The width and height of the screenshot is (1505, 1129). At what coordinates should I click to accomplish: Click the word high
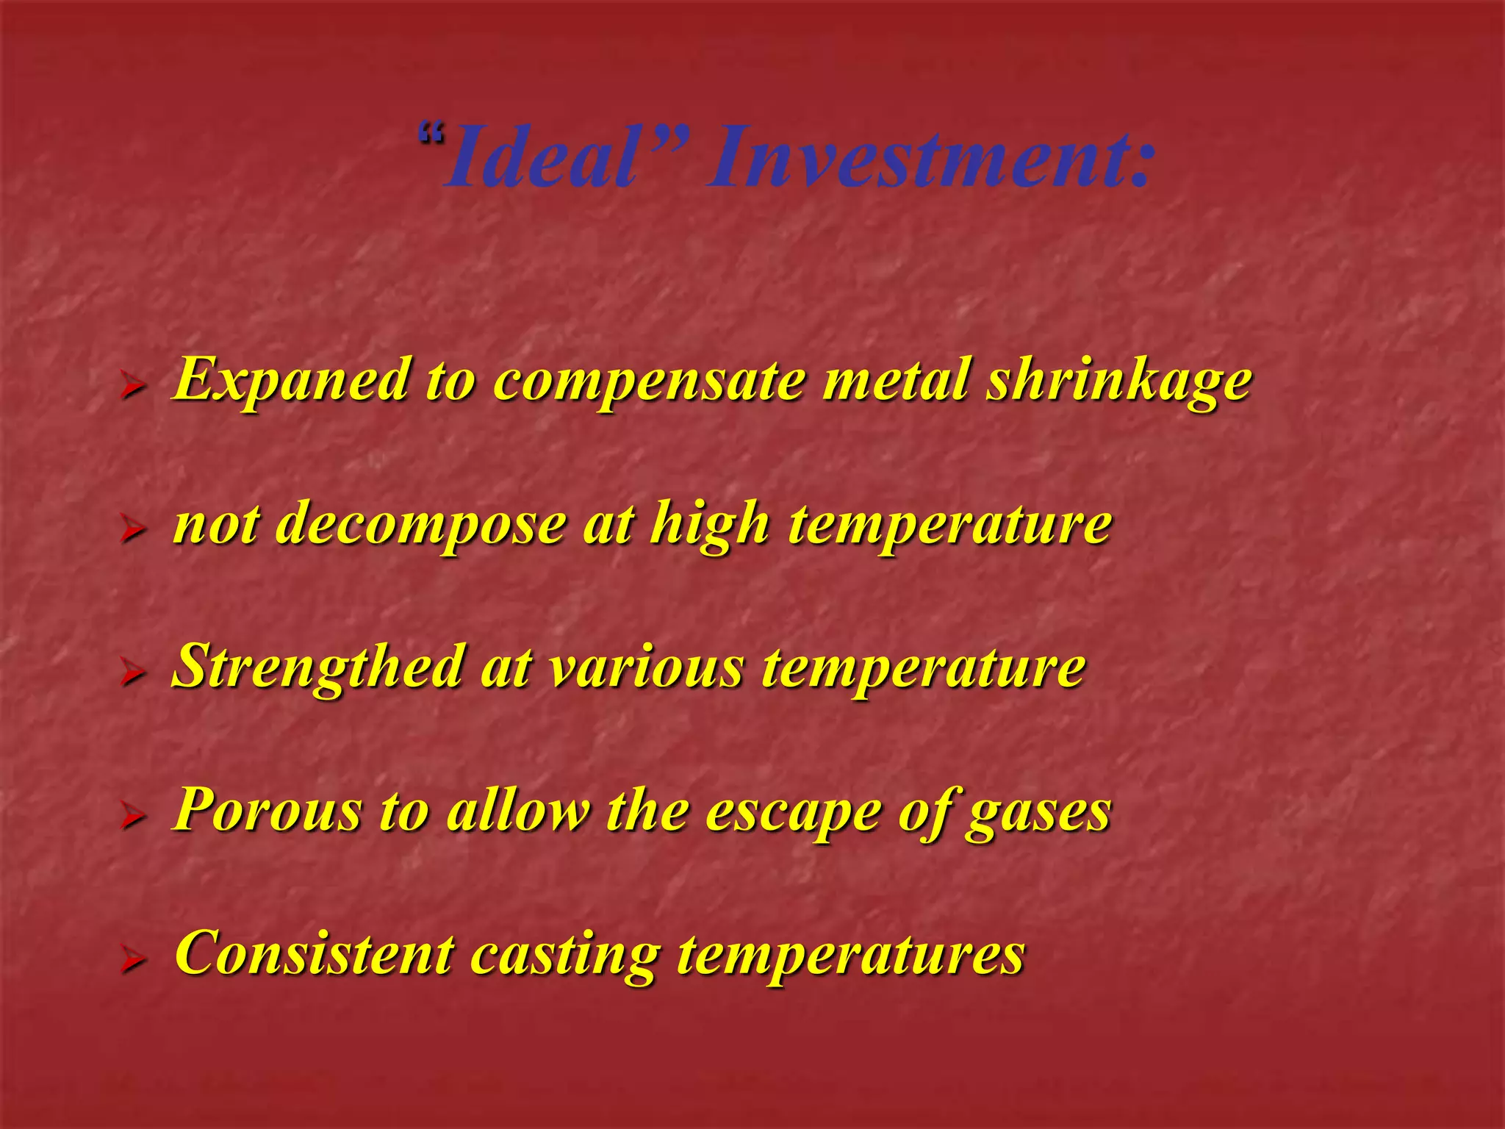coord(709,526)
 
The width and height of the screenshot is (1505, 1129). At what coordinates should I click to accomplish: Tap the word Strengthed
coord(317,667)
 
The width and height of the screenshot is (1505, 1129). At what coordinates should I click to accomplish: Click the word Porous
coord(267,811)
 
